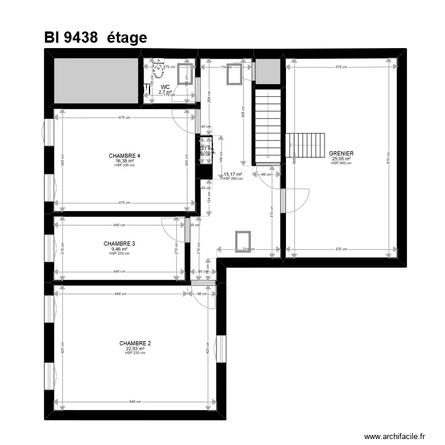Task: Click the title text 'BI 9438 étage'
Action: point(95,37)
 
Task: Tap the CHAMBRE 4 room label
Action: point(125,155)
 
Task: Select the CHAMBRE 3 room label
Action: point(119,243)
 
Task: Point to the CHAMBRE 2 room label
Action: point(135,343)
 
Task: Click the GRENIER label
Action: point(341,154)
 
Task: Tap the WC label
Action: point(165,87)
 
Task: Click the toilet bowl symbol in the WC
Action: point(158,72)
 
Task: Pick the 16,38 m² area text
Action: point(125,160)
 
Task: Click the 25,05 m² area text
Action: point(341,158)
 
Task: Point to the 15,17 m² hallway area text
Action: point(233,174)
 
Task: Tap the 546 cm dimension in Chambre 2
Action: point(135,402)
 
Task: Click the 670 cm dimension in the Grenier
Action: point(388,160)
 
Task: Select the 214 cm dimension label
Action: point(248,249)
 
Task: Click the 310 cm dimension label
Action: point(272,212)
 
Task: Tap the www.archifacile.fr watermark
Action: point(395,436)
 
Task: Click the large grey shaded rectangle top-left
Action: point(96,81)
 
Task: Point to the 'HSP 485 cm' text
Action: point(341,163)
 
